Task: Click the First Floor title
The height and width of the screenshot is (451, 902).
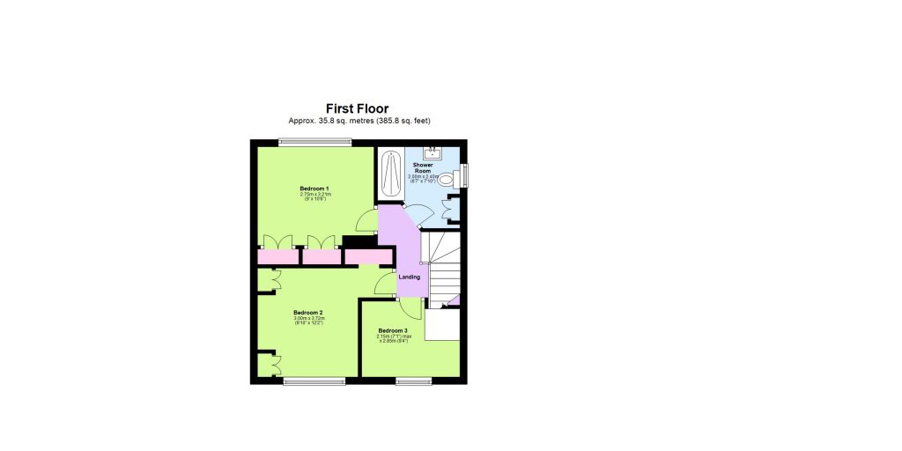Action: [x=358, y=108]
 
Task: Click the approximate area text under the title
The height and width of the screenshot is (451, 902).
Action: [x=358, y=121]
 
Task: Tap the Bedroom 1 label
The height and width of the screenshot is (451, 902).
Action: [x=314, y=189]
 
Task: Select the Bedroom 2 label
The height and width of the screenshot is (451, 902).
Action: [x=308, y=312]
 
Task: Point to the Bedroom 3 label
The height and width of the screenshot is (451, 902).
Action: [x=392, y=330]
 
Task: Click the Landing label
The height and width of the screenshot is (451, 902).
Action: [x=410, y=277]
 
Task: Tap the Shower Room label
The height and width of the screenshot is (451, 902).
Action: [x=423, y=167]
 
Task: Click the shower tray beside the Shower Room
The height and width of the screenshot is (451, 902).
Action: [x=390, y=174]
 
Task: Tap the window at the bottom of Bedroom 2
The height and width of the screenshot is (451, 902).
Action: [x=314, y=381]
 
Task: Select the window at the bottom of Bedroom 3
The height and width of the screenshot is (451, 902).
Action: [x=412, y=381]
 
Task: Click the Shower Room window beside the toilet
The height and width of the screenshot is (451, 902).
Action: [x=464, y=174]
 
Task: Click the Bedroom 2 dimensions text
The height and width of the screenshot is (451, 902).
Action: [x=308, y=321]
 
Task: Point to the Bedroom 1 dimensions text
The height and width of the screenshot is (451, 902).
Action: [x=314, y=196]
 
